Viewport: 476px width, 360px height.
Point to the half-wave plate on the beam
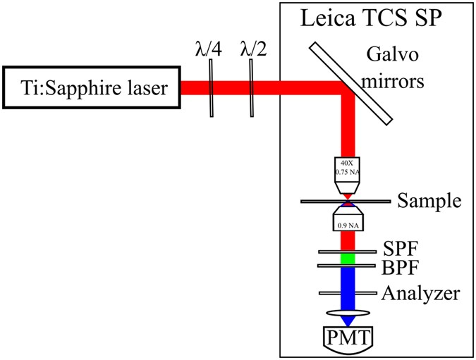coord(252,88)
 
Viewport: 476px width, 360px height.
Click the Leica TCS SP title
coord(372,18)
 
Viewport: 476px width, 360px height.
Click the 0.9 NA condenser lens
coord(347,220)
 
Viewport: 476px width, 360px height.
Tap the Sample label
coord(429,201)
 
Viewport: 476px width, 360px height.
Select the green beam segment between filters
coord(347,259)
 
